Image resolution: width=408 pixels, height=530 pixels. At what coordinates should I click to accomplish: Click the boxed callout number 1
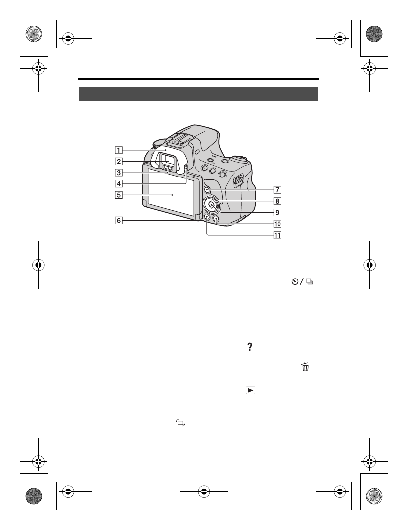point(119,150)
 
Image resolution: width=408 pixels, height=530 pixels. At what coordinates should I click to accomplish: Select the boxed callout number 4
point(119,184)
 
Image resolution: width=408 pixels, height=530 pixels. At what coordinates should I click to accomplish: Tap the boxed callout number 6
point(119,221)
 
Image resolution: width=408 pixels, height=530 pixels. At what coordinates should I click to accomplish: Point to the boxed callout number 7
point(277,190)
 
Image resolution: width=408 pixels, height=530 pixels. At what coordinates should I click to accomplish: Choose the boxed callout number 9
point(277,213)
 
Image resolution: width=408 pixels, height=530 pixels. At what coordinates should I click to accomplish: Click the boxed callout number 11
point(277,235)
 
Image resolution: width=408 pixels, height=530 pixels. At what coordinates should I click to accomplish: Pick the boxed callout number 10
point(277,224)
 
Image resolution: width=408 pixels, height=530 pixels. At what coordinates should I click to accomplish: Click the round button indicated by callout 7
point(207,190)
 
